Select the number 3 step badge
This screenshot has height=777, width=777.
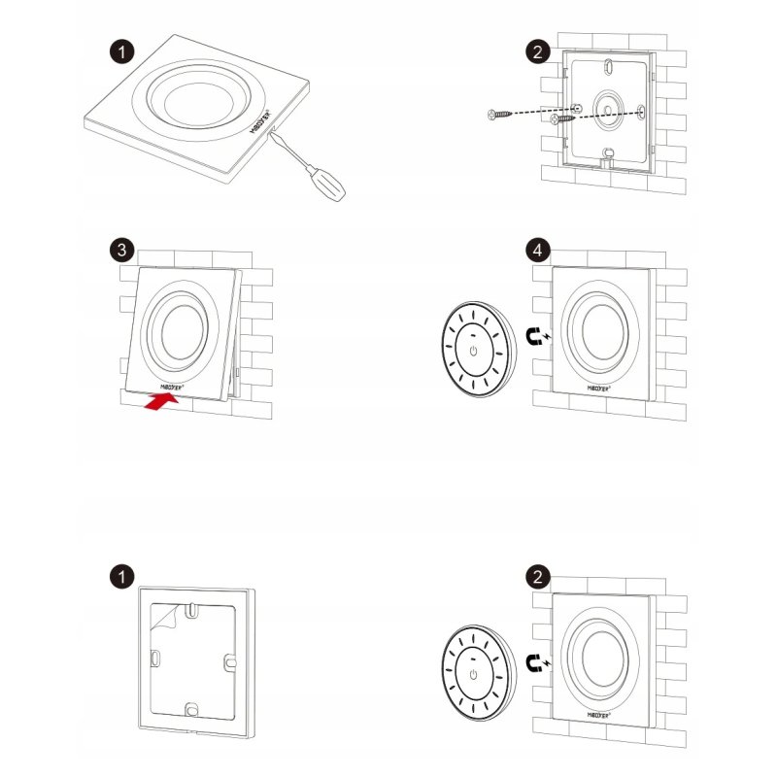coord(120,250)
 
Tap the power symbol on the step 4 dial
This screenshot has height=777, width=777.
coord(473,351)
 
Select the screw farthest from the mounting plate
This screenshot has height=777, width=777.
coord(500,115)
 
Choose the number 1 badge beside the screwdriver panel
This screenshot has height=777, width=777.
coord(120,51)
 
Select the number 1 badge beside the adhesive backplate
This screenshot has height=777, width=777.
coord(120,578)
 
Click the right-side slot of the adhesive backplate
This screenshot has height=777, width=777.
coord(232,660)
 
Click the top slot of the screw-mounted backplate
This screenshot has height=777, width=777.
coord(605,67)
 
